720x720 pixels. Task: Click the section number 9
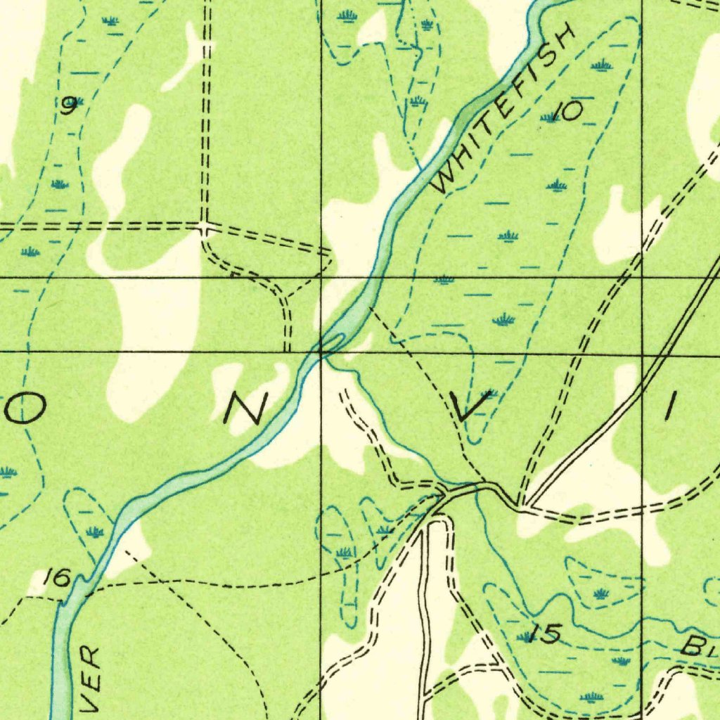pyautogui.click(x=68, y=106)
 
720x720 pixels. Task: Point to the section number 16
pyautogui.click(x=56, y=579)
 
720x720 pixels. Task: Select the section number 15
pyautogui.click(x=546, y=634)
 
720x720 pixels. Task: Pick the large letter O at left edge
pyautogui.click(x=27, y=407)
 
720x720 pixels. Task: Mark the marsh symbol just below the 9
pyautogui.click(x=60, y=184)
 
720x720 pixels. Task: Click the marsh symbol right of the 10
pyautogui.click(x=600, y=66)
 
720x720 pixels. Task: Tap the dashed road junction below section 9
pyautogui.click(x=204, y=227)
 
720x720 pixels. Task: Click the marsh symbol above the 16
pyautogui.click(x=94, y=532)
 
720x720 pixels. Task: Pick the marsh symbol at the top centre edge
pyautogui.click(x=347, y=15)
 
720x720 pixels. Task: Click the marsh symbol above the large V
pyautogui.click(x=503, y=320)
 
